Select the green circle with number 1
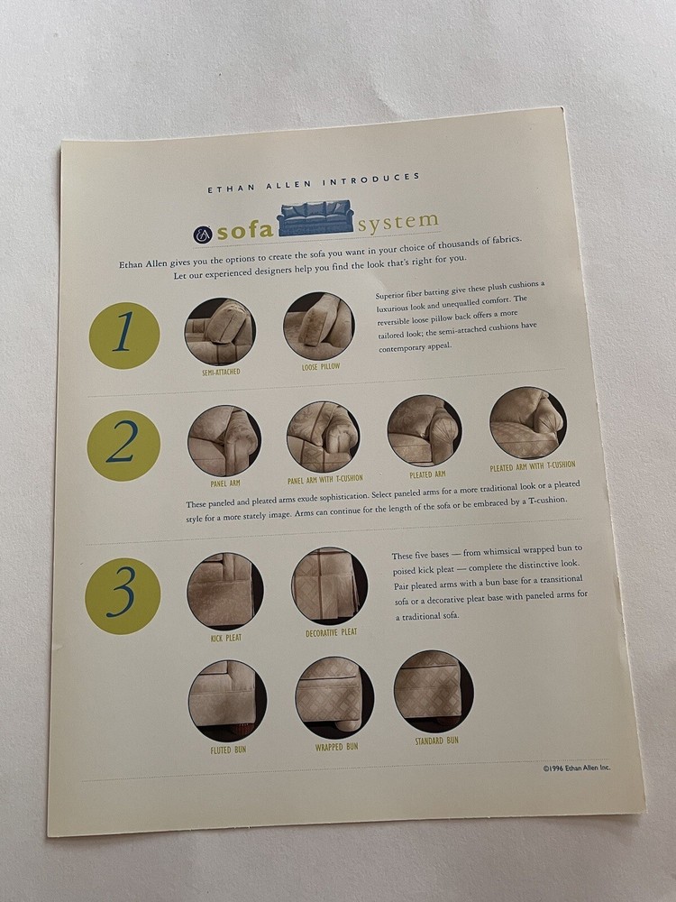point(124,336)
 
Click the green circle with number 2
point(124,446)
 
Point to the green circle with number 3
point(123,595)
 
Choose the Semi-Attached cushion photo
point(220,331)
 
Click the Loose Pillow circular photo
point(318,326)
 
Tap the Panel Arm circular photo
point(224,440)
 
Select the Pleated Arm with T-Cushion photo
point(528,422)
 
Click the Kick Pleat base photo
point(225,591)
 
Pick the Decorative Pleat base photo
point(330,585)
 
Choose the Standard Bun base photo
point(434,691)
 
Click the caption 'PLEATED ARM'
point(427,474)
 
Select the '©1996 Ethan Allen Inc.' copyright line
point(577,769)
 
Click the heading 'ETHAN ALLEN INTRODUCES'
point(313,183)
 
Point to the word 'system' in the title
point(397,219)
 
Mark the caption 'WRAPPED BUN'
point(336,747)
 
